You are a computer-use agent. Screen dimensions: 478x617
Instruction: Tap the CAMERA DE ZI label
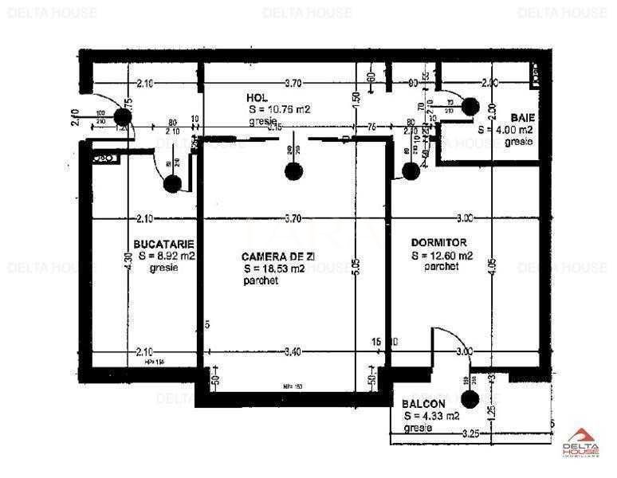[273, 257]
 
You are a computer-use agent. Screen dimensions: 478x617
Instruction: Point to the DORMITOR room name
[438, 242]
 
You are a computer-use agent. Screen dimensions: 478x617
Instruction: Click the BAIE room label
[522, 117]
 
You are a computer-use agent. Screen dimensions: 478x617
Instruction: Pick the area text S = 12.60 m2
[442, 256]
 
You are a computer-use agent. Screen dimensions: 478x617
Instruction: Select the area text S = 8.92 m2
[167, 256]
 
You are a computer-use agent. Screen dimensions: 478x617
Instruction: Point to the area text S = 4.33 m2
[431, 416]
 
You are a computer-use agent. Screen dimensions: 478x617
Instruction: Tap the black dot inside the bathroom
[470, 105]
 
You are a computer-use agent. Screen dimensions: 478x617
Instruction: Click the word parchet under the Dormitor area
[441, 268]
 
